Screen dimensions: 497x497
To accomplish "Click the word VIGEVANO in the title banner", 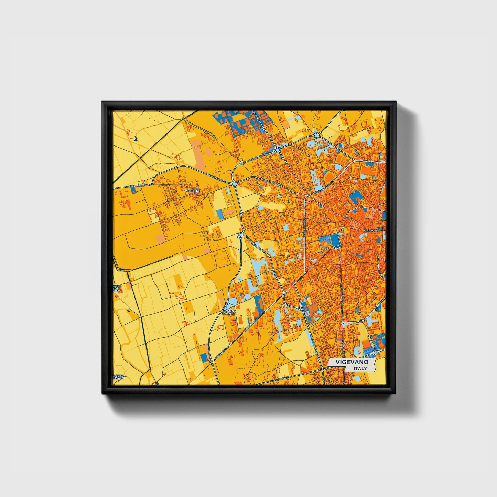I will tap(352, 362).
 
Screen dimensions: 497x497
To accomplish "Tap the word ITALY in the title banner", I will tap(360, 368).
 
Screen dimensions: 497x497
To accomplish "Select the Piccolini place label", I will tap(192, 190).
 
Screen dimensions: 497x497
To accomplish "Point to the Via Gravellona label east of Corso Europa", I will tap(272, 182).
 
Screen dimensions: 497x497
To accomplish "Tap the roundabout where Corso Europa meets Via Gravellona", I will tap(234, 184).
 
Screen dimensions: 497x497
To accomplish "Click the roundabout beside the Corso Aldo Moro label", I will tap(277, 150).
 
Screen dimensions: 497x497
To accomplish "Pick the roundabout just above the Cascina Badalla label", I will tap(227, 303).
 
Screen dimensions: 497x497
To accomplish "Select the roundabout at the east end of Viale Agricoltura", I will tap(323, 369).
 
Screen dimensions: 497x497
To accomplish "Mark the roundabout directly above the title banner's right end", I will tap(361, 321).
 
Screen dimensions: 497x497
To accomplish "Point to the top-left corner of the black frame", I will tap(102, 102).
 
